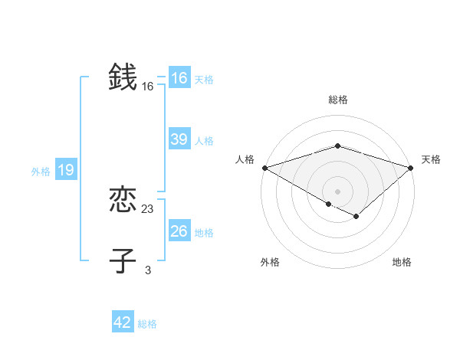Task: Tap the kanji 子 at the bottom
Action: [x=123, y=260]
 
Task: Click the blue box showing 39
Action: [x=179, y=139]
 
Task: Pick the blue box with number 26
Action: [x=179, y=231]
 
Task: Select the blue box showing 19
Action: [x=65, y=170]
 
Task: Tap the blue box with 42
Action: [x=123, y=322]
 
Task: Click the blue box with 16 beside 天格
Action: [x=179, y=78]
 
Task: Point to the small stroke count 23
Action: [x=148, y=209]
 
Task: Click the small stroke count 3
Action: [x=148, y=270]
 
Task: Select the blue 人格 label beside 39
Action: [x=204, y=141]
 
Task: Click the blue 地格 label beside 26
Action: [x=204, y=233]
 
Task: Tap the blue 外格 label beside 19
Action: [x=41, y=172]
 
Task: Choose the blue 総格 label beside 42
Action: [x=147, y=324]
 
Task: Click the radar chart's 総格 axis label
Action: [x=338, y=100]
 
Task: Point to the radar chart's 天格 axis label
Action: [x=431, y=159]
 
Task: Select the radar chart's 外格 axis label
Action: [x=270, y=262]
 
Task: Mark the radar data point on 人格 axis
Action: [x=264, y=168]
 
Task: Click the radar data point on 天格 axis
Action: [x=411, y=168]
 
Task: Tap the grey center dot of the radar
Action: [x=338, y=191]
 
